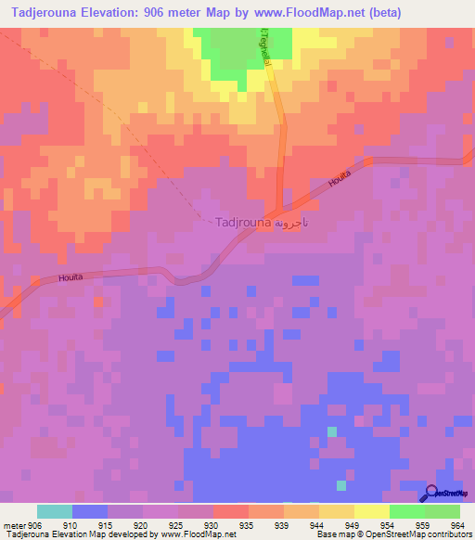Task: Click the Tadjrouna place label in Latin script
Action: [x=243, y=223]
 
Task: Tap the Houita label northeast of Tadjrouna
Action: [x=340, y=174]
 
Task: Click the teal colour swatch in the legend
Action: [x=55, y=511]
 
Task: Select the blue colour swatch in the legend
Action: [x=90, y=511]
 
